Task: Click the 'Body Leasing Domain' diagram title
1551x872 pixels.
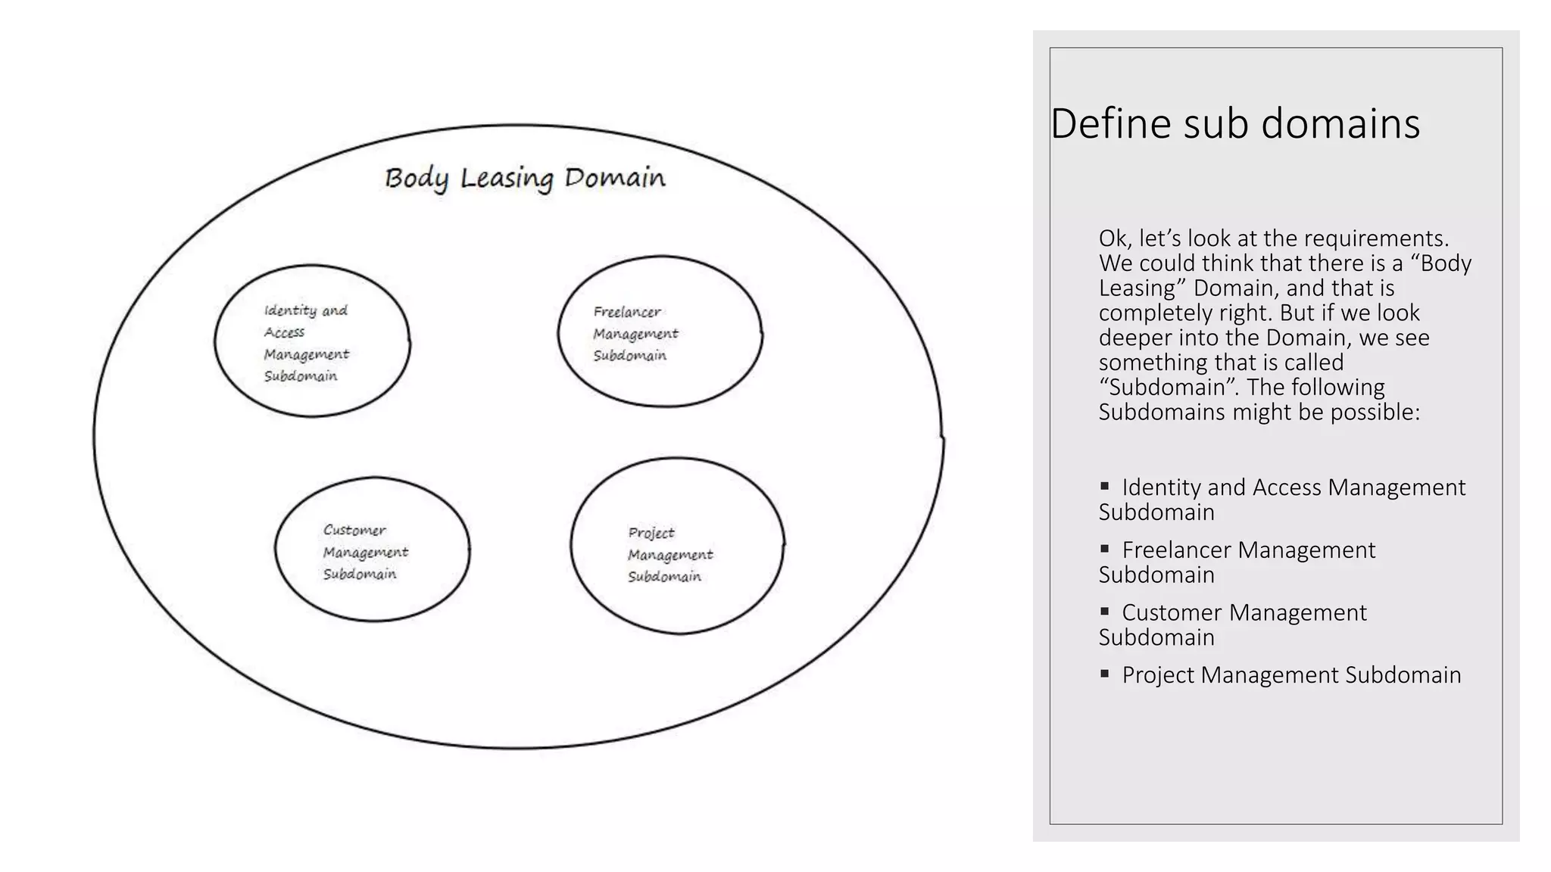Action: [x=525, y=179]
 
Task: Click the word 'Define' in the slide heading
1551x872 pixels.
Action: [x=1111, y=123]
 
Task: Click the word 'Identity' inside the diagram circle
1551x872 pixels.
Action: [x=290, y=310]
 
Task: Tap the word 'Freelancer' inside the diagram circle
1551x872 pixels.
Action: [x=626, y=312]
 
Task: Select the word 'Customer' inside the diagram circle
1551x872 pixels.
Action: [x=354, y=530]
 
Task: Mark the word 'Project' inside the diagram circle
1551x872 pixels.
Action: [x=651, y=533]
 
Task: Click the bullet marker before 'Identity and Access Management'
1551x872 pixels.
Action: [x=1105, y=485]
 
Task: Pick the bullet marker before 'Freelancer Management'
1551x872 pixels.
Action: [x=1105, y=548]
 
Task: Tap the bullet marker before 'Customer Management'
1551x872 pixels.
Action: [x=1105, y=611]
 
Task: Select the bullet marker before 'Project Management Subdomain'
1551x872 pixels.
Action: [x=1105, y=673]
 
